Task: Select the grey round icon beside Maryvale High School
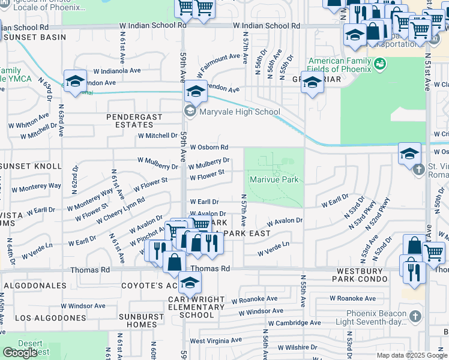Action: click(190, 111)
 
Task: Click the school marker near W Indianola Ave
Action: click(75, 83)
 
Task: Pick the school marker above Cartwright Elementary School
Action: click(190, 283)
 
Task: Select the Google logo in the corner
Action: click(20, 353)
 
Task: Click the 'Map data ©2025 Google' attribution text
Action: click(412, 355)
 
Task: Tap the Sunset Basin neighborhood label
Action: click(29, 37)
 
